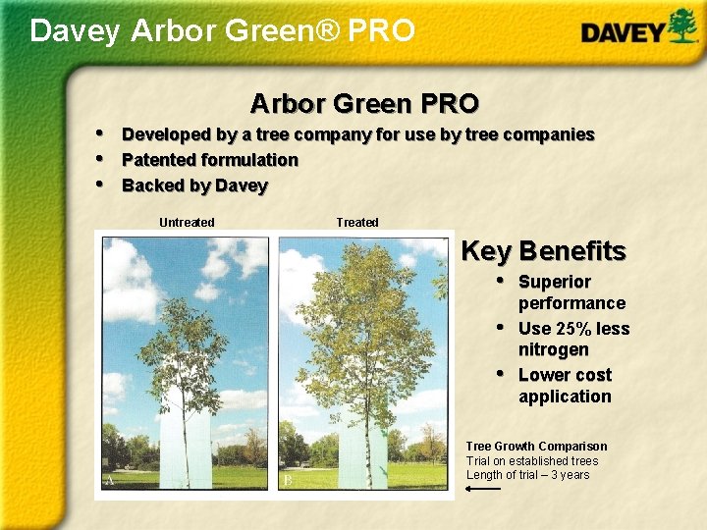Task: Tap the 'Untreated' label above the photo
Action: [187, 223]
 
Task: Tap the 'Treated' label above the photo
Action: [357, 223]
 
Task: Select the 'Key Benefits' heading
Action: [543, 251]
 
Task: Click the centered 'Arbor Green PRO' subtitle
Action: [364, 103]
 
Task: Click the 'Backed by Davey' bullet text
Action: [194, 185]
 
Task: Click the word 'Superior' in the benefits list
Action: [555, 282]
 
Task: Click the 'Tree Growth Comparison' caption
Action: [536, 447]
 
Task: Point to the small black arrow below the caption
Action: [483, 489]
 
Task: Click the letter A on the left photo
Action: [110, 481]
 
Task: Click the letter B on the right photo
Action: [288, 481]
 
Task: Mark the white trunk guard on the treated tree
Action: [361, 442]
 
